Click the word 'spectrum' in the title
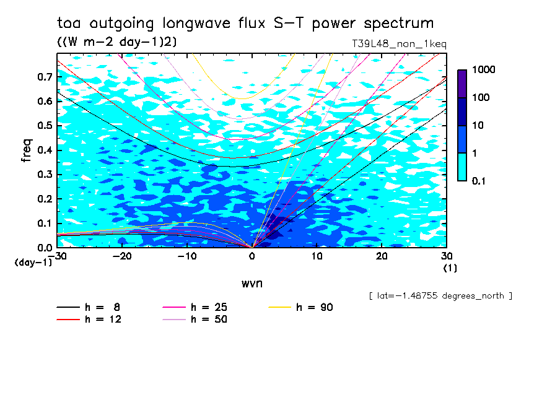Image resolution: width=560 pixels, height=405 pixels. [x=398, y=24]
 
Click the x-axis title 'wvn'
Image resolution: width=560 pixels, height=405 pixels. [x=252, y=283]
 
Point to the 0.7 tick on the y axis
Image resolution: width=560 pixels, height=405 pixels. [x=45, y=77]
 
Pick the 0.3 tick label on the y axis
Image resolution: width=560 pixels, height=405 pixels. [x=45, y=175]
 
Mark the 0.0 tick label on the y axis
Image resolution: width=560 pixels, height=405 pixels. [x=45, y=248]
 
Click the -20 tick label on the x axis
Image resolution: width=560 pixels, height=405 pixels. [x=122, y=256]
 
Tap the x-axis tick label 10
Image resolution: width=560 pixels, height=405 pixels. [x=317, y=256]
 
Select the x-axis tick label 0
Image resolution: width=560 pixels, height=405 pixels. [x=252, y=256]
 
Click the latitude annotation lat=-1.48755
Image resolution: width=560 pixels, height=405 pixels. [x=440, y=295]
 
